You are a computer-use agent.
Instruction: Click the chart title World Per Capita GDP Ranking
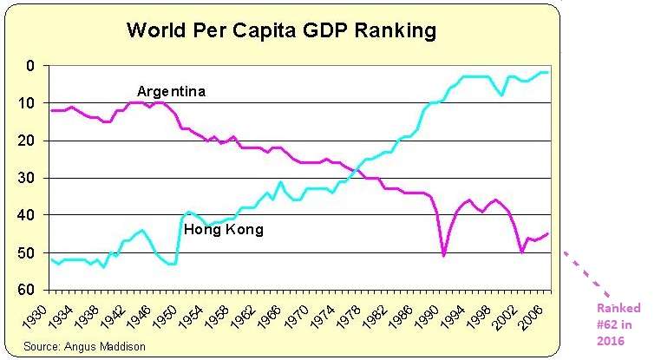281,31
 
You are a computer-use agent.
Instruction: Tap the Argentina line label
171,91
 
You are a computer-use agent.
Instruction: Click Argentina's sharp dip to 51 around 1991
444,255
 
